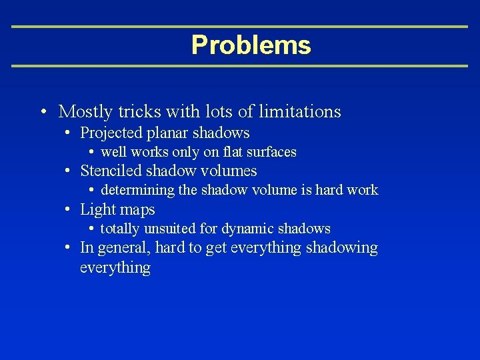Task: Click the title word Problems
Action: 251,45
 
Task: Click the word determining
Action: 138,191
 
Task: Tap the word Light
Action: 96,210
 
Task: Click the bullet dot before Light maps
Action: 69,210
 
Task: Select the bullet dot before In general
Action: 69,248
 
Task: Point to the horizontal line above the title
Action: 240,27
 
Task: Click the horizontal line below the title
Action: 240,66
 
